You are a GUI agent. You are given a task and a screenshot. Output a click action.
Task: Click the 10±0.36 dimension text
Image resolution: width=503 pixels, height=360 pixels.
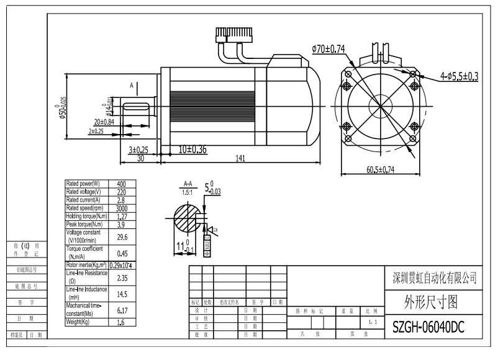point(193,150)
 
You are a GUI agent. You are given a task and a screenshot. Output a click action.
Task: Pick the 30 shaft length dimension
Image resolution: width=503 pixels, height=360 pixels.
point(140,159)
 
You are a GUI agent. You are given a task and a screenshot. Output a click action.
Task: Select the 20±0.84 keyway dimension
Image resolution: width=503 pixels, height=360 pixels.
point(104,122)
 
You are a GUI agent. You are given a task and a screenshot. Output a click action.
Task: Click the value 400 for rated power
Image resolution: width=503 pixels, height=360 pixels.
point(121,184)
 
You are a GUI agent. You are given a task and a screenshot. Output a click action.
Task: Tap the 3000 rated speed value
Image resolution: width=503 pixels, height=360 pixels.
point(121,208)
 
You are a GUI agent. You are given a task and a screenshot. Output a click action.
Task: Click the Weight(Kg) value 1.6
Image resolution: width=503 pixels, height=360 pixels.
point(121,323)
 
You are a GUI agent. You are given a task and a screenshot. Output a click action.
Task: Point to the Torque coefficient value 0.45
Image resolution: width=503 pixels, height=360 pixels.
point(121,253)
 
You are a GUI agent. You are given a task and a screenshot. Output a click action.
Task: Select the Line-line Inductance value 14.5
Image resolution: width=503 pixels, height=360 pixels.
point(121,294)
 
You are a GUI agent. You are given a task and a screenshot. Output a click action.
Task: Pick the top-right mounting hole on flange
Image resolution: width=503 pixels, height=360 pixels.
point(414,73)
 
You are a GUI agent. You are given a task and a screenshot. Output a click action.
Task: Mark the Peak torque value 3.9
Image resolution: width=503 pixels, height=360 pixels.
point(121,224)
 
